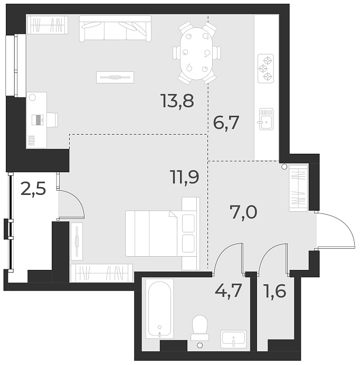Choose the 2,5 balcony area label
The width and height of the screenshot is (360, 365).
tap(32, 188)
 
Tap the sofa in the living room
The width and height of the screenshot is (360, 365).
tap(115, 29)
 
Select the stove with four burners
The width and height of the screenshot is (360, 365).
tap(266, 68)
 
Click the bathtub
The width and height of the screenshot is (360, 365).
tap(159, 308)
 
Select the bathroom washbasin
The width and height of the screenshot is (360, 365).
tap(233, 338)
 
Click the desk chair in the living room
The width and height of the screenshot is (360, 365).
tap(52, 119)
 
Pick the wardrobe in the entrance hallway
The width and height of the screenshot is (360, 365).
tap(298, 188)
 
